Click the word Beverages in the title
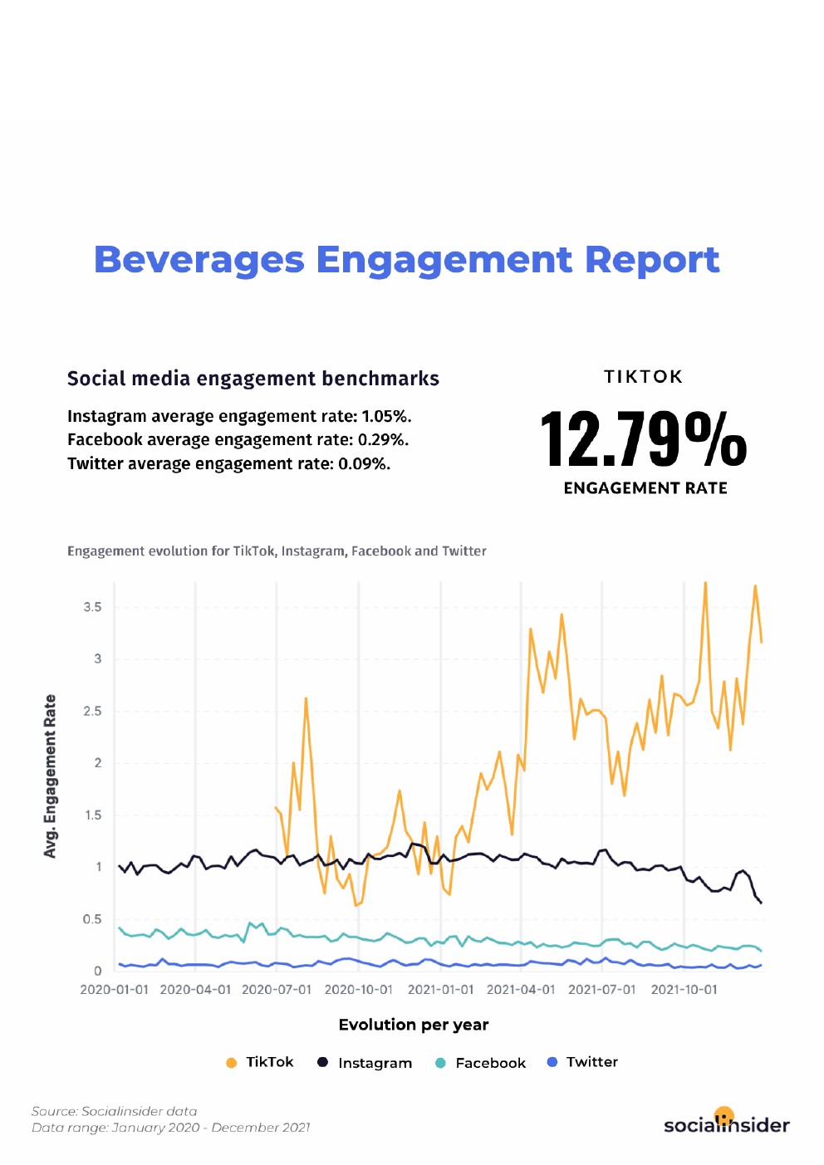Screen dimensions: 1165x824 199,260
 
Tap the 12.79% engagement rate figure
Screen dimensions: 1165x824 644,440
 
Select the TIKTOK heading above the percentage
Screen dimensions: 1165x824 643,377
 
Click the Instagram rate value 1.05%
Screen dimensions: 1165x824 386,417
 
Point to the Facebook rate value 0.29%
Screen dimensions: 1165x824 383,440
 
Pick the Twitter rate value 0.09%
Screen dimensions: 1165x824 364,464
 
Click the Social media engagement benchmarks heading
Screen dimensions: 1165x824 253,379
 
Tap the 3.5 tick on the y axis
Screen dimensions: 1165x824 92,607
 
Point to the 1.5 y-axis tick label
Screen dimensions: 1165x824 92,815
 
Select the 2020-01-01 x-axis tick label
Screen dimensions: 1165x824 114,990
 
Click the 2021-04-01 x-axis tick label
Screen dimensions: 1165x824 521,990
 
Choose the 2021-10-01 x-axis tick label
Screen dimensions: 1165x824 684,990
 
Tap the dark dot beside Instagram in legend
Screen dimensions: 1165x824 323,1062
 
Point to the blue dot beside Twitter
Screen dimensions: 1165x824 552,1062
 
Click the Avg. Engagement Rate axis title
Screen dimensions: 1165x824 51,776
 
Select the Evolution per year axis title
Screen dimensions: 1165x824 414,1025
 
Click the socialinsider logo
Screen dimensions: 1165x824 726,1123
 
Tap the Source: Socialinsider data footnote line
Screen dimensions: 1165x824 115,1111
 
